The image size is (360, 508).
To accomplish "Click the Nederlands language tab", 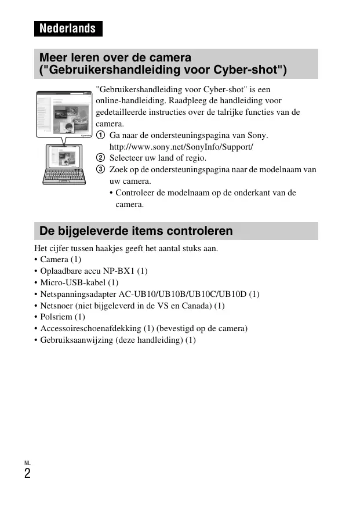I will tap(68, 28).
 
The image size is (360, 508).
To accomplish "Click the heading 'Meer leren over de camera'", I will tap(115, 58).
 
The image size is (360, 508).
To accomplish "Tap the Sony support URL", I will tap(181, 146).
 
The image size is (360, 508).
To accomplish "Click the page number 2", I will tap(27, 474).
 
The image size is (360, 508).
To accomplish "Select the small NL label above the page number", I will tap(27, 463).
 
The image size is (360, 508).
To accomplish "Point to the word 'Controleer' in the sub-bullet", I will tap(136, 193).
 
